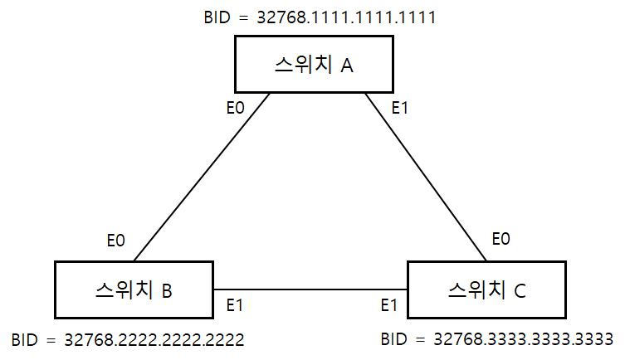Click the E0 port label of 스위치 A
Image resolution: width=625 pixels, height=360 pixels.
pyautogui.click(x=237, y=107)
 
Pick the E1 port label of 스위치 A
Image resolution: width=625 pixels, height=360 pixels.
pyautogui.click(x=401, y=107)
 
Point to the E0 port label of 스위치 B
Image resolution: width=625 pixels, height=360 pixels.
pyautogui.click(x=116, y=241)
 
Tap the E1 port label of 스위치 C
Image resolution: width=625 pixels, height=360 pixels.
pyautogui.click(x=388, y=306)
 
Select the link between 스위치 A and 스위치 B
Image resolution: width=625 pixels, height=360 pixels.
pyautogui.click(x=202, y=176)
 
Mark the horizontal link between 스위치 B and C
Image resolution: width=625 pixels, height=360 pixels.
pyautogui.click(x=310, y=289)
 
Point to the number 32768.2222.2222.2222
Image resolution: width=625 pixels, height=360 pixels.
pyautogui.click(x=154, y=340)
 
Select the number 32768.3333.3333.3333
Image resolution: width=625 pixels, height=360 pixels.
pyautogui.click(x=523, y=339)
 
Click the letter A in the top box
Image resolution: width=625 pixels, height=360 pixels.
pyautogui.click(x=347, y=66)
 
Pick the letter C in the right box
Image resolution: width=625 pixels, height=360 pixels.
pyautogui.click(x=519, y=290)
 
